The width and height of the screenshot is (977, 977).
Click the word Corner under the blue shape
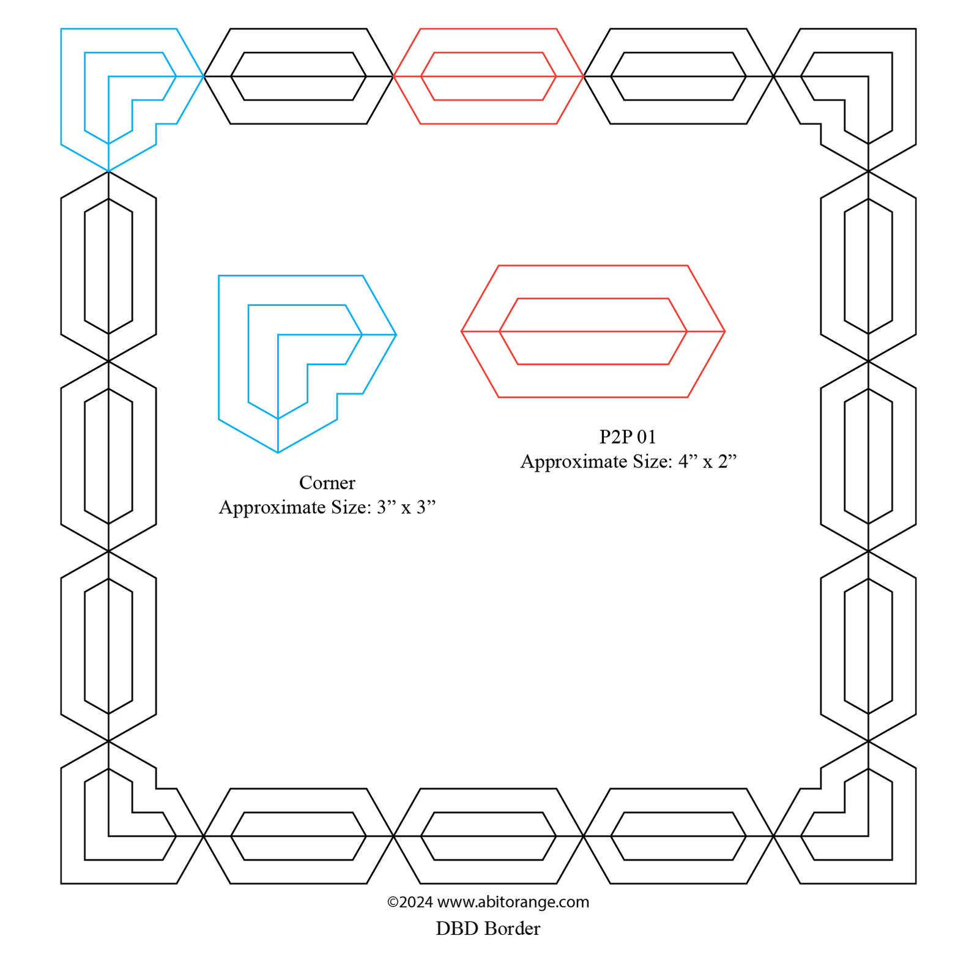pos(327,483)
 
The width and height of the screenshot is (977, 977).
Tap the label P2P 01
pos(627,437)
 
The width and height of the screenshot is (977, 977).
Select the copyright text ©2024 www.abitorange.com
pos(488,902)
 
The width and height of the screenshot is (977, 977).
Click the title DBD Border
pos(488,929)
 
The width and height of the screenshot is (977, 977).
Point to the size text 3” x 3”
pos(406,507)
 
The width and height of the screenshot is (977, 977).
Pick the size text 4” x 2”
pos(707,461)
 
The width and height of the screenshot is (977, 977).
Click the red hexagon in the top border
pos(488,76)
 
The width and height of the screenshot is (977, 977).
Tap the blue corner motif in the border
pos(122,92)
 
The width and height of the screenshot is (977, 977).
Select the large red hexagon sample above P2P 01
pos(593,332)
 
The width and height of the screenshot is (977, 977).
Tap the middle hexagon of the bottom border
pos(488,836)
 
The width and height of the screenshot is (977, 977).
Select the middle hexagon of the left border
pos(108,456)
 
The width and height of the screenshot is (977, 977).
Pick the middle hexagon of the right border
pos(868,456)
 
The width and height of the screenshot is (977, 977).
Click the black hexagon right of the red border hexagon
pos(678,76)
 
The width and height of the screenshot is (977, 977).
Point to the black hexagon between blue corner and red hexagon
pos(299,76)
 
